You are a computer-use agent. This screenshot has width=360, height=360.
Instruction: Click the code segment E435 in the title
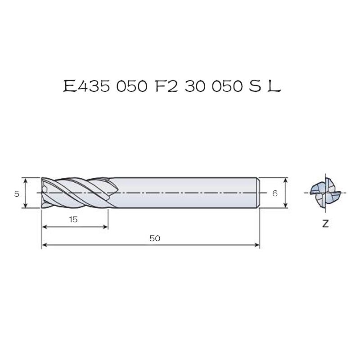click(86, 86)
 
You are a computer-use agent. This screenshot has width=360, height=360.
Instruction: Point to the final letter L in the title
click(274, 86)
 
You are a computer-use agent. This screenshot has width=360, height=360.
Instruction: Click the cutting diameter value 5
click(17, 194)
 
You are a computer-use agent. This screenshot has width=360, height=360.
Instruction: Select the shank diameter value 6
click(275, 193)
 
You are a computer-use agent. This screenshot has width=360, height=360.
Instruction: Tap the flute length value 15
click(73, 220)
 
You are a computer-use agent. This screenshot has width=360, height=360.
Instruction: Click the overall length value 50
click(155, 238)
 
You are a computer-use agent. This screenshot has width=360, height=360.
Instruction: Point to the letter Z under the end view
click(325, 223)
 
